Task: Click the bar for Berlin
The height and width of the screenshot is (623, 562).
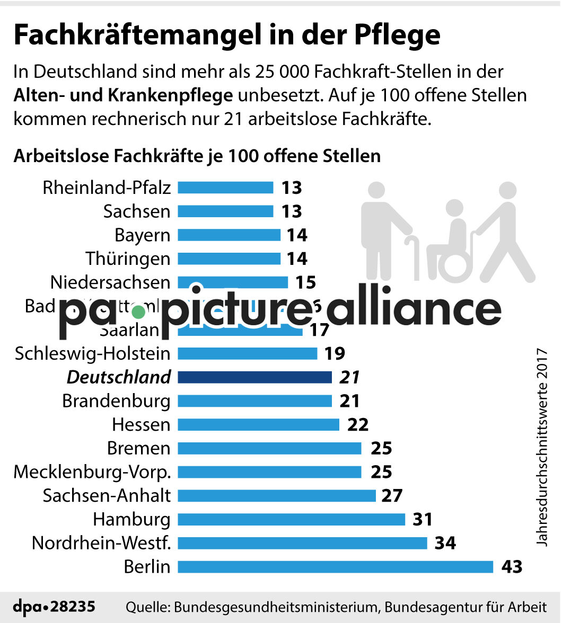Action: tap(335, 567)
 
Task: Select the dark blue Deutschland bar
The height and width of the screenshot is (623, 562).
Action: tap(254, 377)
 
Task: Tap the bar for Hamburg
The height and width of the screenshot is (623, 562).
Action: tap(291, 519)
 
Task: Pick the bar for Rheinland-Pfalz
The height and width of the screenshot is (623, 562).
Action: tap(225, 188)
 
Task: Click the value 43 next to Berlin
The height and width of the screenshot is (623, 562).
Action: tap(512, 567)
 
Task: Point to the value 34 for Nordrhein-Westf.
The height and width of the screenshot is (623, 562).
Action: tap(445, 543)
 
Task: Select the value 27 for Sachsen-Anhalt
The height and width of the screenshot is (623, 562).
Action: tap(392, 496)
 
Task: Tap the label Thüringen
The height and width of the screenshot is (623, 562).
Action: tap(128, 259)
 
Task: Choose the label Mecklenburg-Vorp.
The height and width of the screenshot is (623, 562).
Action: tap(92, 471)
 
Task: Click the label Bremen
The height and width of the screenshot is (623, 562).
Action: tap(139, 448)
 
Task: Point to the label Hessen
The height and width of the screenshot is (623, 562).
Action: tap(142, 424)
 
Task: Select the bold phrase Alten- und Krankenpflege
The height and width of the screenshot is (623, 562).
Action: tap(123, 95)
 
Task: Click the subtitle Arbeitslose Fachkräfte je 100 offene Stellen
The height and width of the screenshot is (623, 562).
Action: tap(197, 156)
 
